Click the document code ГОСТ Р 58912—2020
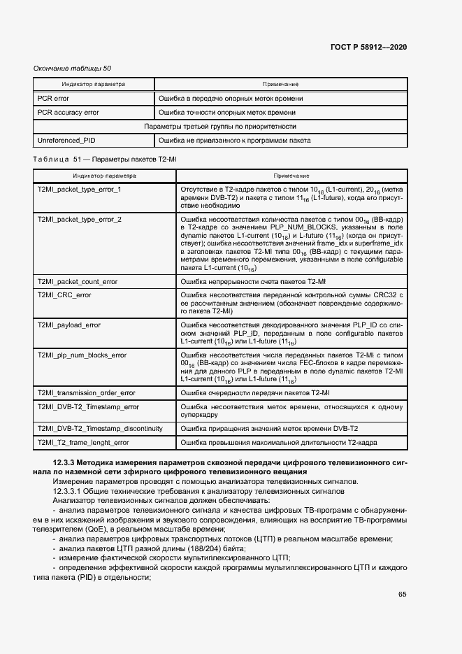(x=368, y=47)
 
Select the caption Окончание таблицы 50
(x=72, y=69)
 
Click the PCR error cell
(x=53, y=99)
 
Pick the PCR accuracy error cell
(x=68, y=112)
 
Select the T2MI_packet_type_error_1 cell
(x=79, y=190)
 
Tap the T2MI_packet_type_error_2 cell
(x=79, y=220)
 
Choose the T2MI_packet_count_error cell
(x=77, y=281)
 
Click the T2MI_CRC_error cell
(x=64, y=295)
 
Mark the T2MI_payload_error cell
(x=68, y=325)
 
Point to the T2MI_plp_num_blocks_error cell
(x=82, y=355)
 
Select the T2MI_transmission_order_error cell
(x=86, y=393)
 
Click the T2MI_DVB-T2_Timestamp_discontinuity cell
(x=99, y=428)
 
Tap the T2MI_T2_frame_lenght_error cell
(x=82, y=442)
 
